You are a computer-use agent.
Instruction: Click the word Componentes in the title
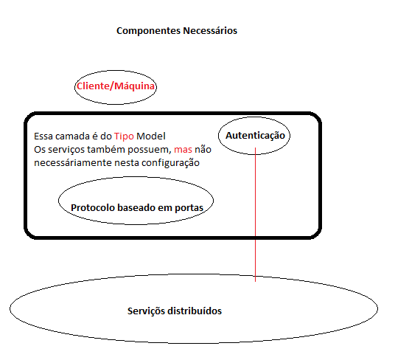click(x=149, y=31)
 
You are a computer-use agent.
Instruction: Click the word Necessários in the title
click(x=210, y=30)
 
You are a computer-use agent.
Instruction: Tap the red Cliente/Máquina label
click(x=116, y=86)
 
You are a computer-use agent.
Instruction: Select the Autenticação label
click(x=255, y=136)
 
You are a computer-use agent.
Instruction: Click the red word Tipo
click(x=124, y=136)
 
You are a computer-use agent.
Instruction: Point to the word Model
click(x=151, y=136)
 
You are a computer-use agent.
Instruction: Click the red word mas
click(x=183, y=150)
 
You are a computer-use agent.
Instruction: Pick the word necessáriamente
click(x=73, y=163)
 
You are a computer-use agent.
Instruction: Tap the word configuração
click(x=170, y=163)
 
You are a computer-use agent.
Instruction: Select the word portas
click(x=189, y=208)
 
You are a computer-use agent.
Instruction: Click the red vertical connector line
click(x=256, y=215)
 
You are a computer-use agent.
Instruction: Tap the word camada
click(x=72, y=136)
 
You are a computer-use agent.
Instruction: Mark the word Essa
click(x=43, y=136)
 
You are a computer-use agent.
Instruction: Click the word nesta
click(x=127, y=163)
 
